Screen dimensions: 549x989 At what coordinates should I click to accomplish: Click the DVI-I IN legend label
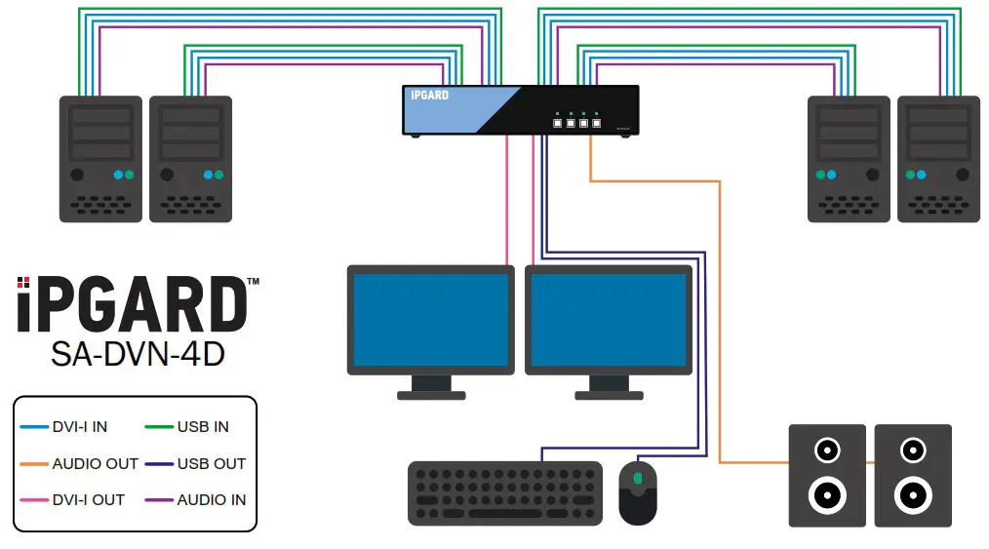79,427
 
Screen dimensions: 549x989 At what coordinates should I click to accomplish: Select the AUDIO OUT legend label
95,464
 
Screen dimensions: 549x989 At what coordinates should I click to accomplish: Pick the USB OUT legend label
211,464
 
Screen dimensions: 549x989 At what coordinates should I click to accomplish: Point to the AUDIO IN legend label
211,500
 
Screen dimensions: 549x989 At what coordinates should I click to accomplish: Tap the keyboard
505,493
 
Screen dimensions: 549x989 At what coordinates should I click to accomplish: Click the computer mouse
638,492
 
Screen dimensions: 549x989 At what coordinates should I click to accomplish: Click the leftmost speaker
826,476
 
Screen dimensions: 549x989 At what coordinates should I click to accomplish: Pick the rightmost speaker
913,476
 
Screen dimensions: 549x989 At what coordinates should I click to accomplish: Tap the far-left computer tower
96,158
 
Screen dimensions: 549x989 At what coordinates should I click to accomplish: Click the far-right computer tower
937,158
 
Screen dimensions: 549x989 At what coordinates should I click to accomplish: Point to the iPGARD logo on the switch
430,96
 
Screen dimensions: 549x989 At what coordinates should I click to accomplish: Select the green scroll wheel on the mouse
638,478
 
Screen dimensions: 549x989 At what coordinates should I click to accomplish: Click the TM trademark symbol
253,282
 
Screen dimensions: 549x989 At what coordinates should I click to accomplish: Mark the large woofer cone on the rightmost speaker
913,495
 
